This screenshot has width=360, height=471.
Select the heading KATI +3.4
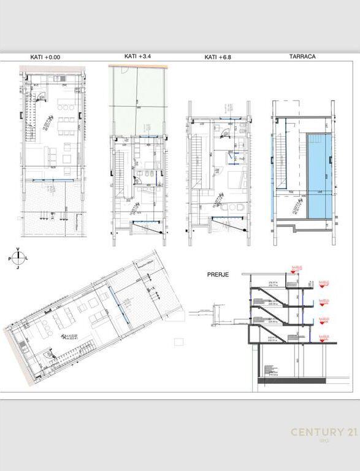pos(137,56)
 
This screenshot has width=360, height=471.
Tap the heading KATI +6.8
pos(218,57)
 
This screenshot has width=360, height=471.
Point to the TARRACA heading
pos(303,56)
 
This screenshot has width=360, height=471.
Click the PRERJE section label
pos(218,275)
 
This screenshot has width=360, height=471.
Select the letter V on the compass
pos(18,249)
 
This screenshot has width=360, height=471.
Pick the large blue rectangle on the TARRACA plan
pos(319,175)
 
